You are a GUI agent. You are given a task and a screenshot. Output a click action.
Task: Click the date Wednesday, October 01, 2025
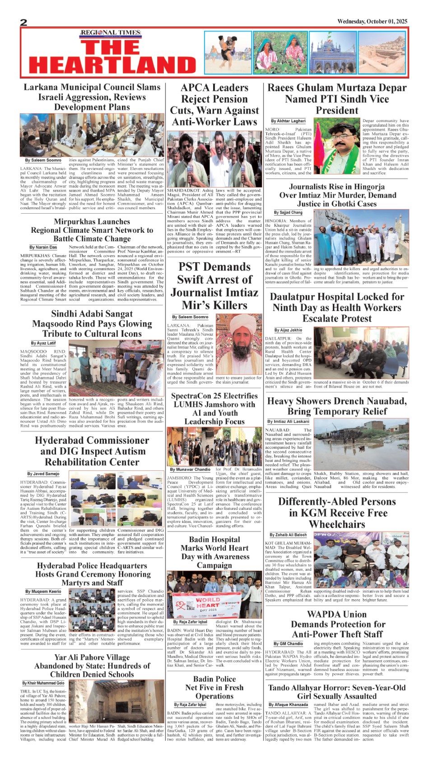[x=372, y=21]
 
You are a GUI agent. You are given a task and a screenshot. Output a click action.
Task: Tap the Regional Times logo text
[x=110, y=33]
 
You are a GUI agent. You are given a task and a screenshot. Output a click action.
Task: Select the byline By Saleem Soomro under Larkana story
[x=43, y=160]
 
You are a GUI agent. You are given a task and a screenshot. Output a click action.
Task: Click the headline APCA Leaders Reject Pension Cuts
[x=214, y=105]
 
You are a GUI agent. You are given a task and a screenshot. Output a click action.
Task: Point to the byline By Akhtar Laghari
[x=288, y=121]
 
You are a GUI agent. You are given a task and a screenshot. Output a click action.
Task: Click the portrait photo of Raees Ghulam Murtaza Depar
[x=336, y=147]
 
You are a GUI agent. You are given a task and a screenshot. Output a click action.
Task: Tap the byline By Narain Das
[x=43, y=247]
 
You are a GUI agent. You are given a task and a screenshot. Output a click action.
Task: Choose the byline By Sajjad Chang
[x=288, y=212]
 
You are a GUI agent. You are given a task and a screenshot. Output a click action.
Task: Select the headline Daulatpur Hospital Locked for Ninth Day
[x=337, y=308]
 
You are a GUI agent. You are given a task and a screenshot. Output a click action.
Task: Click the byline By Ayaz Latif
[x=43, y=343]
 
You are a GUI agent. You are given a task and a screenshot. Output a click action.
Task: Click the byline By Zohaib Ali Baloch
[x=288, y=535]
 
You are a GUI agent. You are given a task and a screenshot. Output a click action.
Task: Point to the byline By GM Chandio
[x=288, y=644]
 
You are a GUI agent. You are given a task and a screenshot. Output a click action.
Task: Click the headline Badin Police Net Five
[x=214, y=687]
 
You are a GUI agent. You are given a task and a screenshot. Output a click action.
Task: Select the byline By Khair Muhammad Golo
[x=43, y=683]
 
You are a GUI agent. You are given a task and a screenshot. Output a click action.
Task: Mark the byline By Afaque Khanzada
[x=288, y=705]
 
